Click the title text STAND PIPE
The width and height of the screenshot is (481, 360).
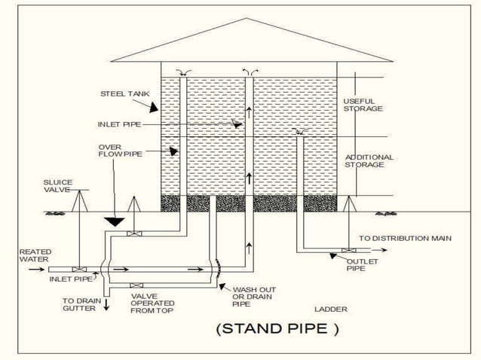pos(277,328)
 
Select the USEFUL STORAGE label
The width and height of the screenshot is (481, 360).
pos(363,105)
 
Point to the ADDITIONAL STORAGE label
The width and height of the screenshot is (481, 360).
pos(369,160)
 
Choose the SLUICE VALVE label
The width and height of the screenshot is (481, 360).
pos(57,186)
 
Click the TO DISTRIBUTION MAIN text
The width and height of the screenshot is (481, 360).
pos(405,238)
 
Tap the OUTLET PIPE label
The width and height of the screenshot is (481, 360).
pos(362,264)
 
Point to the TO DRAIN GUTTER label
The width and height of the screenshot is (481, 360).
pos(78,304)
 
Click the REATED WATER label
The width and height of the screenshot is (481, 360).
pos(33,255)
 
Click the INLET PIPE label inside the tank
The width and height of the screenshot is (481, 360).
pos(119,124)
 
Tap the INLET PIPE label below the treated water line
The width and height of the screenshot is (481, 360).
pos(70,279)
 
